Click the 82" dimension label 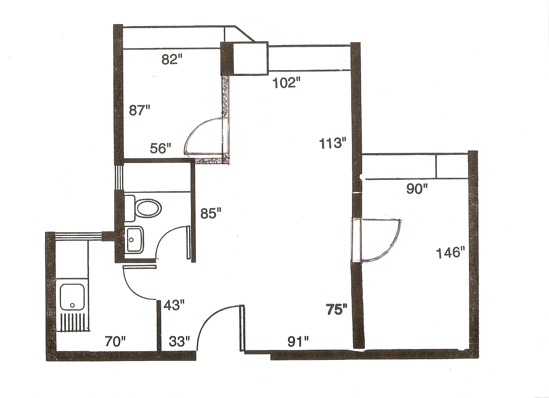tap(172, 59)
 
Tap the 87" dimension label tap(139, 110)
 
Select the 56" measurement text tap(161, 148)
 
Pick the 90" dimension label tap(417, 189)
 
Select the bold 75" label tap(336, 309)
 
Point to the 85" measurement tap(211, 213)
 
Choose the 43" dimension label tap(174, 306)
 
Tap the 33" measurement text tap(180, 342)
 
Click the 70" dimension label tap(115, 342)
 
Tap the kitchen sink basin tap(72, 297)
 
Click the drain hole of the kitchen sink tap(72, 305)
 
